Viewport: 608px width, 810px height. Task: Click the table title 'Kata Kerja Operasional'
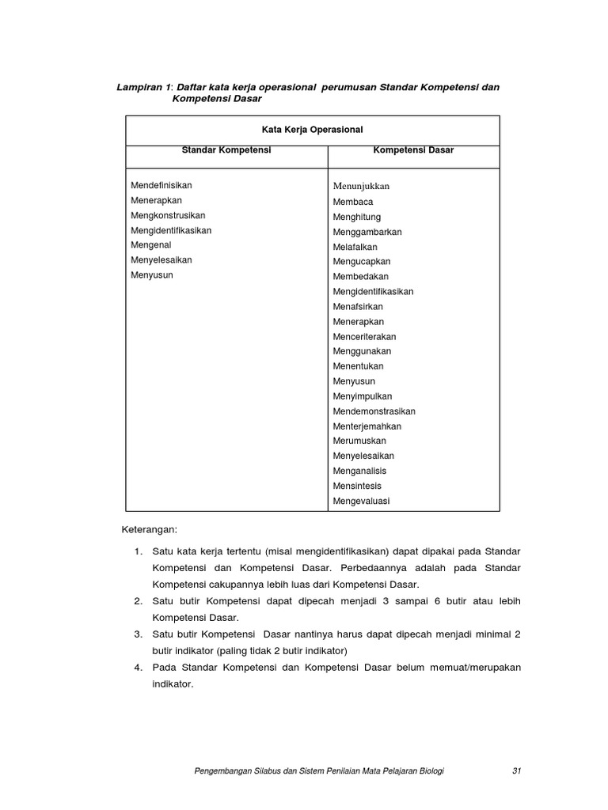[312, 130]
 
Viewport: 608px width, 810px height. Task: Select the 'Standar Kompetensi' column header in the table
[226, 150]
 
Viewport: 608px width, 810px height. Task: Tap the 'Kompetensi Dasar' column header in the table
[413, 150]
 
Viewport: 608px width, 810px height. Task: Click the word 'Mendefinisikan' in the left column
[161, 185]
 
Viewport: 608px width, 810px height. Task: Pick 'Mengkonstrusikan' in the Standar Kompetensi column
[168, 215]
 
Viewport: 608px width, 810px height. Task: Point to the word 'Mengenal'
[150, 245]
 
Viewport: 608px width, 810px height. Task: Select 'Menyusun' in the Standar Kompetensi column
[152, 275]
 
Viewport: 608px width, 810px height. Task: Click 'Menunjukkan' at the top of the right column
[362, 186]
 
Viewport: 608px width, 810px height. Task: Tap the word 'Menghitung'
[357, 217]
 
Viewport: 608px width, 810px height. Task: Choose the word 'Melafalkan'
[356, 247]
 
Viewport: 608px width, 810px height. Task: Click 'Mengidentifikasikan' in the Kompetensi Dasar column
[373, 291]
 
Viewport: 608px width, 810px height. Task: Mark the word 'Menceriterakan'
[364, 336]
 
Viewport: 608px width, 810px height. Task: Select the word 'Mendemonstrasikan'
[374, 411]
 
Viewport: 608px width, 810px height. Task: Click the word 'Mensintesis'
[357, 486]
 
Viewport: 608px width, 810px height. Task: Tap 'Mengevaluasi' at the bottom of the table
[361, 501]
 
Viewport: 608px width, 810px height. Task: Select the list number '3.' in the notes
[138, 634]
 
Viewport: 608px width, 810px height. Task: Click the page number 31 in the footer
[517, 770]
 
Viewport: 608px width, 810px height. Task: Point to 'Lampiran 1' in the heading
[144, 86]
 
